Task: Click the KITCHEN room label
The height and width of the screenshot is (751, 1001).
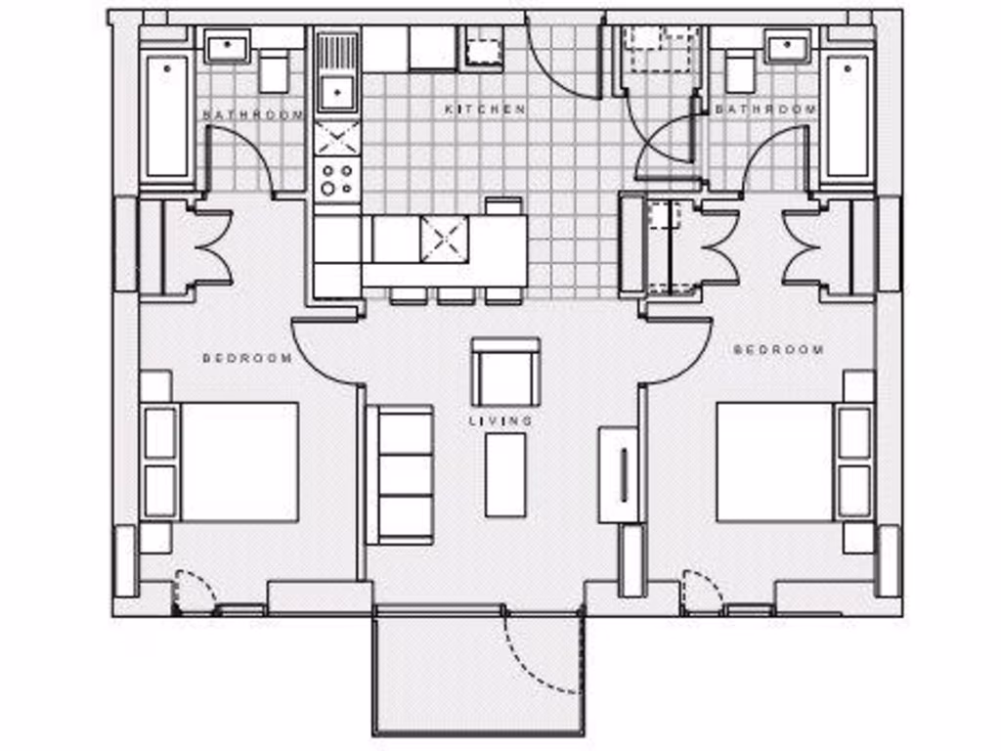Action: [x=486, y=110]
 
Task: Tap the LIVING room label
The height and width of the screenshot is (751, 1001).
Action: [x=501, y=420]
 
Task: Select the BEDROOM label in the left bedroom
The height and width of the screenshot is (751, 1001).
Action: [x=247, y=358]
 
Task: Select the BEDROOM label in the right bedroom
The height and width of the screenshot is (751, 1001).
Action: [x=778, y=349]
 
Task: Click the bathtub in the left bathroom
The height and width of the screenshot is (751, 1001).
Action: [x=167, y=116]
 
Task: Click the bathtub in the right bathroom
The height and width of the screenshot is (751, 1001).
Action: [x=848, y=116]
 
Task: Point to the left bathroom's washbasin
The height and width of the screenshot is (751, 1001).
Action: [x=228, y=45]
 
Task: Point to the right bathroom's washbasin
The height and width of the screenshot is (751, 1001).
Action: [x=788, y=46]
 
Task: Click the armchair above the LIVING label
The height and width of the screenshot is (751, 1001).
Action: [x=504, y=374]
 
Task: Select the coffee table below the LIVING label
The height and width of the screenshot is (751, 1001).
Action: [x=505, y=474]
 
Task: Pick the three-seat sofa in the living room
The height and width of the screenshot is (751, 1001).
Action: [x=401, y=474]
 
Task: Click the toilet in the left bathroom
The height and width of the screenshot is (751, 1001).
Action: [x=274, y=71]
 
